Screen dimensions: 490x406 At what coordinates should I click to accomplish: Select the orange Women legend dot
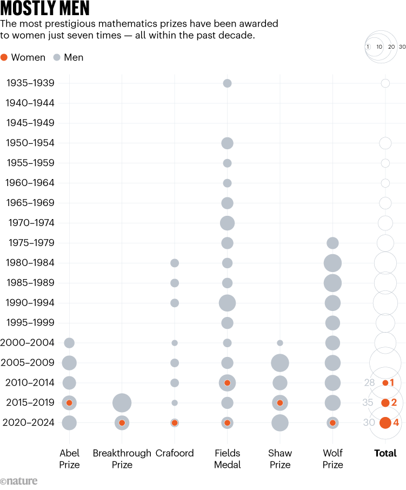pyautogui.click(x=4, y=57)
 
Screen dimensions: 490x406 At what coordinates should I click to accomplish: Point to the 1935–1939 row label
pyautogui.click(x=30, y=83)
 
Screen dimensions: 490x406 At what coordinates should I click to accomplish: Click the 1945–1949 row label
pyautogui.click(x=30, y=123)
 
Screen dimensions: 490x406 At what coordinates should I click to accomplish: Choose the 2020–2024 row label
pyautogui.click(x=30, y=423)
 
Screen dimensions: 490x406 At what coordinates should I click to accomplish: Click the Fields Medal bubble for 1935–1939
pyautogui.click(x=227, y=83)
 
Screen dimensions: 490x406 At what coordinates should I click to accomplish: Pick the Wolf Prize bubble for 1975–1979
pyautogui.click(x=332, y=243)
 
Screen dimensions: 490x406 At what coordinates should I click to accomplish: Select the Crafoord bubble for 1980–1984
pyautogui.click(x=175, y=263)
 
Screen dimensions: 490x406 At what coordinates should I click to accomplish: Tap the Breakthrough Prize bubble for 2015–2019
pyautogui.click(x=122, y=403)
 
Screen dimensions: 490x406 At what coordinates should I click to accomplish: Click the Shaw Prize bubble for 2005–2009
pyautogui.click(x=280, y=363)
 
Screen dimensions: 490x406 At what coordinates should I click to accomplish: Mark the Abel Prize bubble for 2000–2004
pyautogui.click(x=69, y=343)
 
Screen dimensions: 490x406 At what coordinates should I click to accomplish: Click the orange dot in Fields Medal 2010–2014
pyautogui.click(x=227, y=383)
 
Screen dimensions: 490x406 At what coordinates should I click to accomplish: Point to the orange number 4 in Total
pyautogui.click(x=396, y=423)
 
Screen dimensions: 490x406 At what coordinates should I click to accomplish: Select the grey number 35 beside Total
pyautogui.click(x=368, y=403)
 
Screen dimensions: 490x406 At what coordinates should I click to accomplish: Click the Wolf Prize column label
pyautogui.click(x=332, y=459)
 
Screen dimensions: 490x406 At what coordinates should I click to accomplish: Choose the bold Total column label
pyautogui.click(x=385, y=453)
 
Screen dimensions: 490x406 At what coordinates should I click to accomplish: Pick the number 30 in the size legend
pyautogui.click(x=402, y=47)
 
